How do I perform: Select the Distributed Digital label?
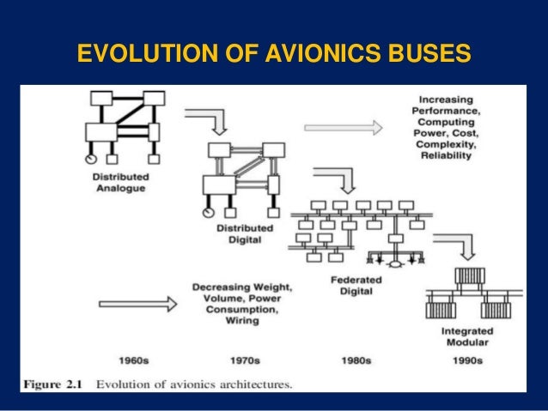click(x=241, y=234)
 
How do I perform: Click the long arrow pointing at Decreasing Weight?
click(x=137, y=303)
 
